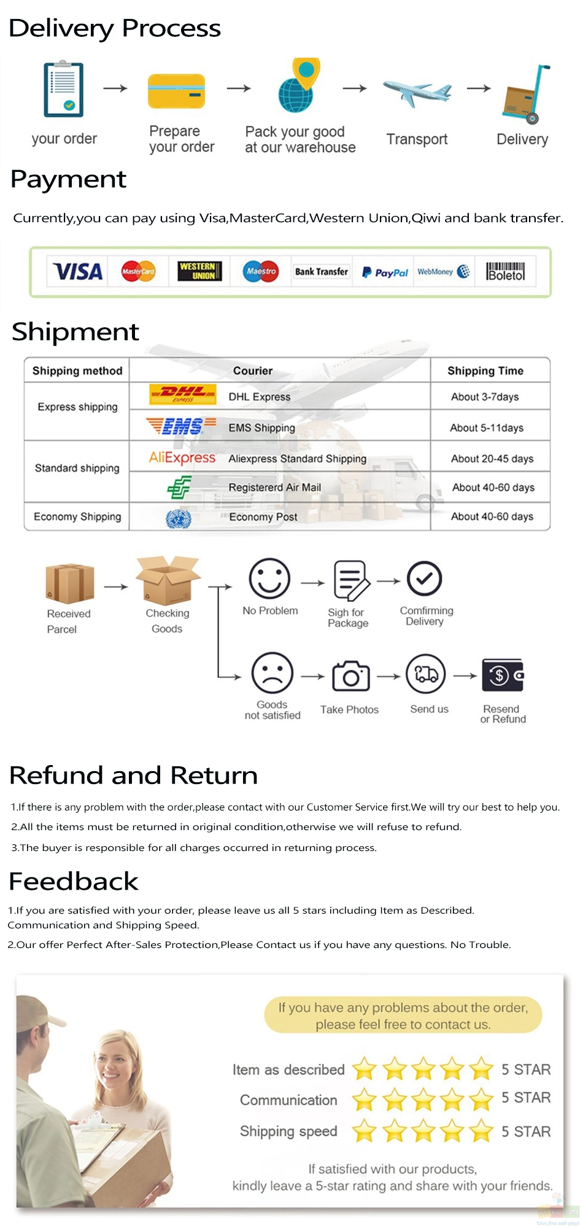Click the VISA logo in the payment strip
tap(78, 271)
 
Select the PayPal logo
tap(385, 272)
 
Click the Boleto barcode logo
tap(506, 272)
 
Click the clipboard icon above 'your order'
tap(63, 89)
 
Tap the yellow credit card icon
tap(176, 91)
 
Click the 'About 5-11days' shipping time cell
tap(487, 428)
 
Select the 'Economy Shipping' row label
tap(77, 516)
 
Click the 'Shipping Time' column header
tap(485, 371)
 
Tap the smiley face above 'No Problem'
tap(269, 578)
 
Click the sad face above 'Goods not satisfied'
tap(272, 674)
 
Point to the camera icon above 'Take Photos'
tap(351, 676)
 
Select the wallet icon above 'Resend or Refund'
tap(503, 675)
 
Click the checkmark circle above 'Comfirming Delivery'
tap(424, 578)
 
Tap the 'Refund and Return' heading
tap(134, 775)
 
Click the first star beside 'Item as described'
tap(365, 1069)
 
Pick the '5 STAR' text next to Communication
tap(526, 1098)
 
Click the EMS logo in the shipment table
tap(181, 426)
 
